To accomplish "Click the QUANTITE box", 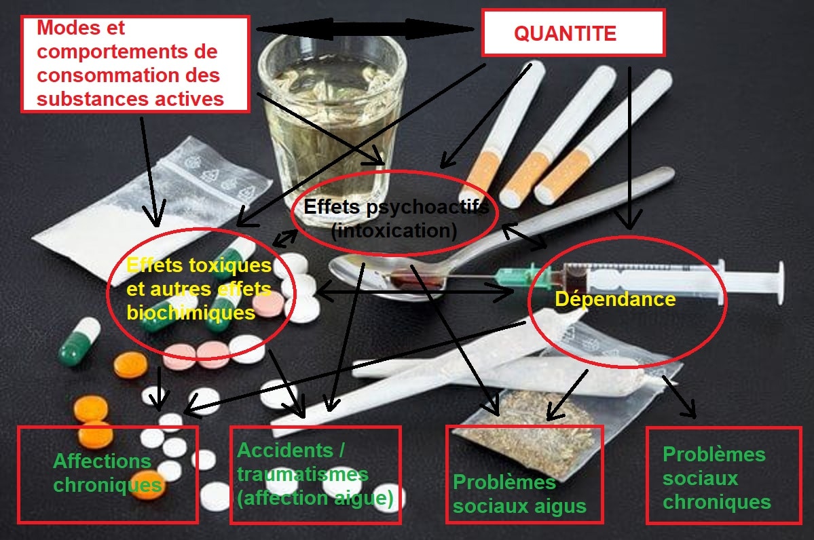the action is [x=573, y=33].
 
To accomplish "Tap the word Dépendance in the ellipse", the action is [x=615, y=299].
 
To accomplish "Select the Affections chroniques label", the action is [x=107, y=473].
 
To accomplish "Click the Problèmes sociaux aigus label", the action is [x=519, y=494].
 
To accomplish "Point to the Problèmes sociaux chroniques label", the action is [x=716, y=478].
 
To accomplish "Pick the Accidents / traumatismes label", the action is [x=303, y=462].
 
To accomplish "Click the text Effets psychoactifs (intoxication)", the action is [x=396, y=218].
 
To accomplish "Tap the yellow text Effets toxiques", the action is [x=199, y=265].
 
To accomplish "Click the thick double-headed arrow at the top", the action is [x=365, y=29].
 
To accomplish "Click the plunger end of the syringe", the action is [x=780, y=282].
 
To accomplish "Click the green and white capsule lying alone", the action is [x=79, y=341].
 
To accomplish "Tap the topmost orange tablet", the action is [x=130, y=365].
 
